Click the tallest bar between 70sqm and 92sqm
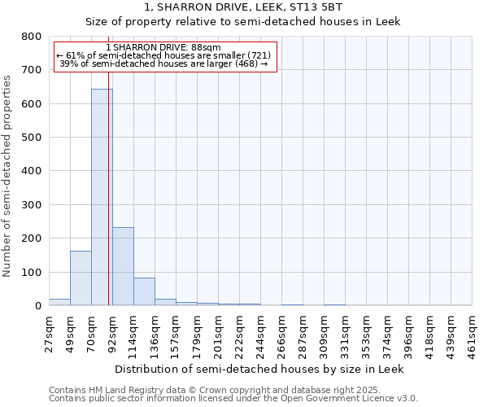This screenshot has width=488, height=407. pyautogui.click(x=102, y=197)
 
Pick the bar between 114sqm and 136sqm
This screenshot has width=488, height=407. pyautogui.click(x=144, y=291)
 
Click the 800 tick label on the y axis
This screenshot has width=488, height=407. pyautogui.click(x=32, y=37)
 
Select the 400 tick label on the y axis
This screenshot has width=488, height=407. pyautogui.click(x=32, y=171)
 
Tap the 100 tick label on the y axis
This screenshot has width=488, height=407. pyautogui.click(x=32, y=272)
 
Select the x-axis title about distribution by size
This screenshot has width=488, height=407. pyautogui.click(x=260, y=369)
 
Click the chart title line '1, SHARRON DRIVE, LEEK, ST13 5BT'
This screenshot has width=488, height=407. pyautogui.click(x=243, y=7)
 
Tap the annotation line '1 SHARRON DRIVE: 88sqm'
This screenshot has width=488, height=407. pyautogui.click(x=163, y=48)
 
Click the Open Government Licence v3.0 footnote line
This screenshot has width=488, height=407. pyautogui.click(x=233, y=399)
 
